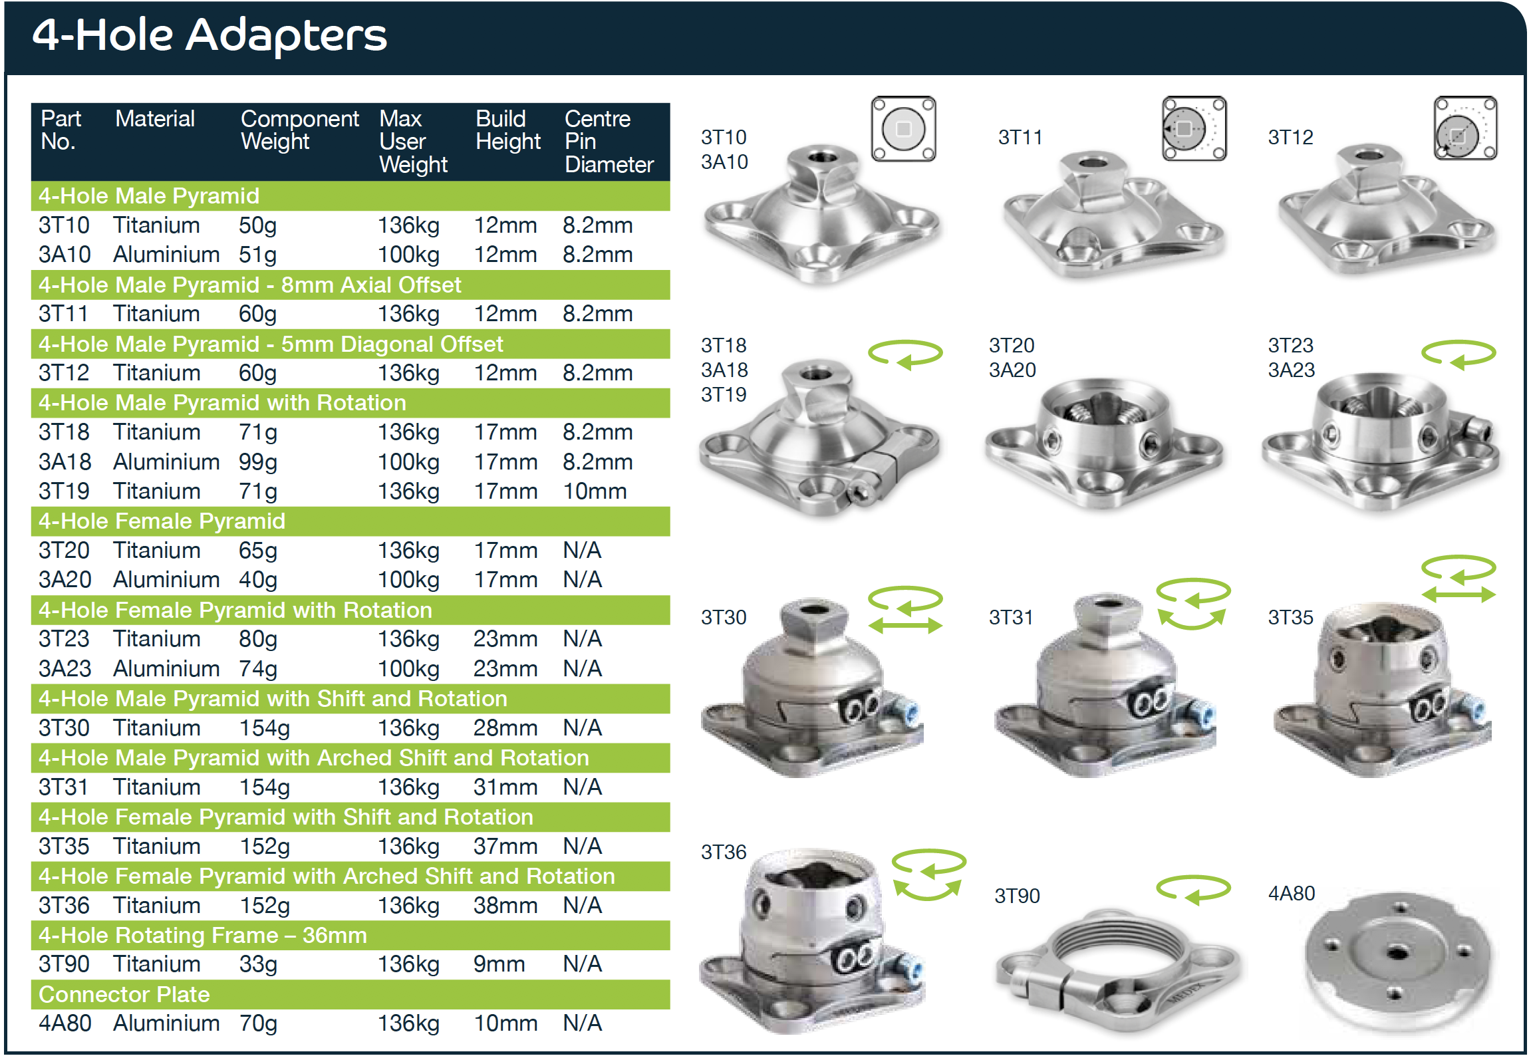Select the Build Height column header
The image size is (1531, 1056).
[x=507, y=130]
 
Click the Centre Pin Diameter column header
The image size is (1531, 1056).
[x=608, y=141]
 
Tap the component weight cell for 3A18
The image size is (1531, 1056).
[x=257, y=462]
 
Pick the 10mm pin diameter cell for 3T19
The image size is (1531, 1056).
[x=594, y=491]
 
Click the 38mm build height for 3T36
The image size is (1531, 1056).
[x=505, y=905]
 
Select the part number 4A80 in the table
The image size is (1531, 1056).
[x=65, y=1023]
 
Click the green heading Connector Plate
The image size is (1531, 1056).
[x=124, y=994]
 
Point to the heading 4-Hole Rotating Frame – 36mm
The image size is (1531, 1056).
[x=203, y=935]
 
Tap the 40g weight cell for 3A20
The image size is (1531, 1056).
[x=257, y=580]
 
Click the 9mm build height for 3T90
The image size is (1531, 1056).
[x=499, y=964]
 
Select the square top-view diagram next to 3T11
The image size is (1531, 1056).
[x=1194, y=128]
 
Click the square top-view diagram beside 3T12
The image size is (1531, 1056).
[x=1464, y=128]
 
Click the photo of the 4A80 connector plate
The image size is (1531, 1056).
[x=1397, y=958]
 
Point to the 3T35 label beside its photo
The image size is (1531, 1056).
[x=1290, y=617]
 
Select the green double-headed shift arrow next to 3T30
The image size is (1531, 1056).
[x=905, y=625]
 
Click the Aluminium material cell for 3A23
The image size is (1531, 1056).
[x=166, y=668]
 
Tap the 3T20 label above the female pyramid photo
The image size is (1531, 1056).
[x=1011, y=345]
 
